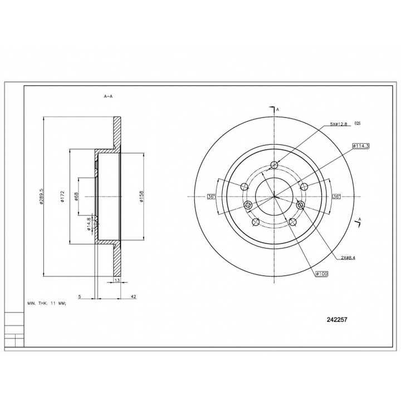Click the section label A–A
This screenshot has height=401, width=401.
click(108, 96)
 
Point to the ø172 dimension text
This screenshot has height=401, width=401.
click(65, 197)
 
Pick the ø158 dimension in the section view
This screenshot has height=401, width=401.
click(143, 197)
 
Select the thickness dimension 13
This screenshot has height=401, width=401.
click(116, 281)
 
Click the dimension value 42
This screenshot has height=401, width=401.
click(134, 297)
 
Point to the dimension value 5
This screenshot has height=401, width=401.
click(80, 297)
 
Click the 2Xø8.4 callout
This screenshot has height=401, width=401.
click(349, 258)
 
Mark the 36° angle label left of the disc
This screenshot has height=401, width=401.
click(212, 197)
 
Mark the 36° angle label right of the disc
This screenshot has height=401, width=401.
click(336, 197)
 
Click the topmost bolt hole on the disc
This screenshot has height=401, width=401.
click(274, 165)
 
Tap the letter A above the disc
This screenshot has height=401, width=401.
click(277, 110)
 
